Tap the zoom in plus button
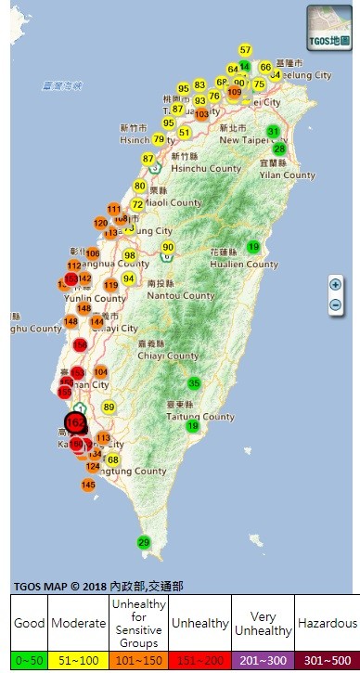[335, 285]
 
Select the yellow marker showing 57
[245, 49]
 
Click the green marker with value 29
[144, 542]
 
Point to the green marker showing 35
[195, 382]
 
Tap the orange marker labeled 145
[88, 485]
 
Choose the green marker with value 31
[273, 130]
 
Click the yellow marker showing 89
[109, 407]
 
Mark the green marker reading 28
[279, 149]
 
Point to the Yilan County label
[288, 175]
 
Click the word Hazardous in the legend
[327, 623]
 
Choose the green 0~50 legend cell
[29, 659]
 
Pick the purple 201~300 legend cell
[263, 659]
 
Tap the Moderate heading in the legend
[77, 623]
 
